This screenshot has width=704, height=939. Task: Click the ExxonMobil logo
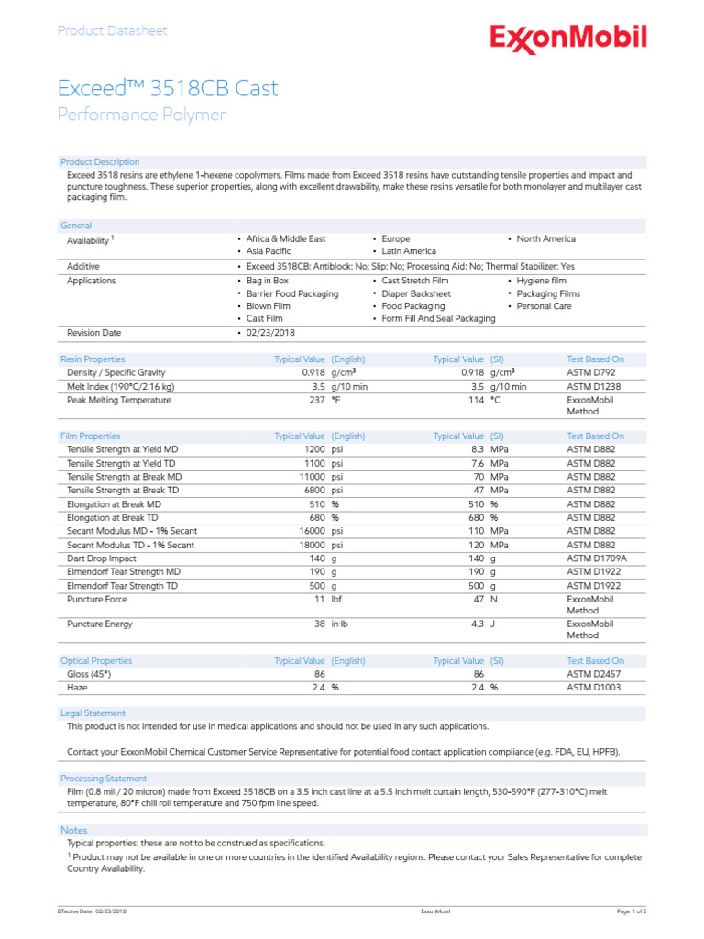(567, 39)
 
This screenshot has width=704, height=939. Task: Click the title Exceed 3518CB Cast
(168, 89)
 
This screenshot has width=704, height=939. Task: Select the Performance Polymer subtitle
(141, 115)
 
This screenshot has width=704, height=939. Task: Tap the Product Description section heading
(100, 161)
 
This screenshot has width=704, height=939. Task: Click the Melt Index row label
(120, 387)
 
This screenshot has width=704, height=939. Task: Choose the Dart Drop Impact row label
(102, 558)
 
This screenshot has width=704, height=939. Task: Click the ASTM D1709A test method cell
(598, 558)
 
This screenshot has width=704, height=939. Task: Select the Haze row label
(78, 687)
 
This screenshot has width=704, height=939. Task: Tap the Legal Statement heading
(93, 713)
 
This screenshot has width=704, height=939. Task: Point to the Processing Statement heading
(103, 779)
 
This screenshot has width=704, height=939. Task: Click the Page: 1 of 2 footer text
(631, 911)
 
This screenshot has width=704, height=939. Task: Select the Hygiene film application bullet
(541, 281)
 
